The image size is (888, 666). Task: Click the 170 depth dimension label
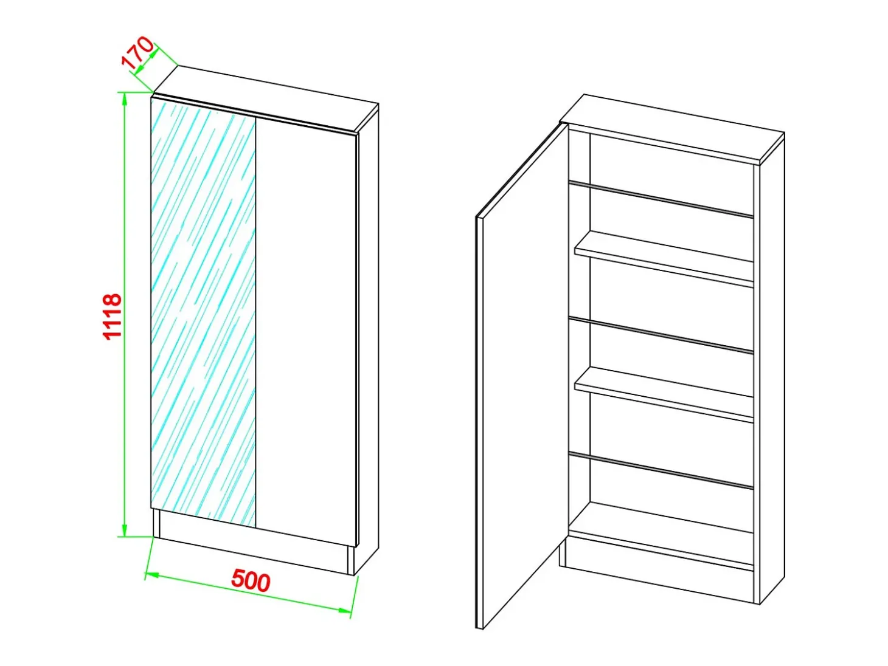tap(138, 53)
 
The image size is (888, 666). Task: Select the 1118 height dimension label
tap(113, 317)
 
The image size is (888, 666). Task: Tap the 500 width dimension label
tap(251, 581)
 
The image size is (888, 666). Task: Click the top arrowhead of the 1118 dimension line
tap(125, 100)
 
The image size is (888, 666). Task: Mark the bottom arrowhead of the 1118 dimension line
tap(125, 530)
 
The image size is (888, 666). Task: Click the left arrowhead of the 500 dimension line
tap(151, 575)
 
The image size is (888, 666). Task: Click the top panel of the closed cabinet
tap(266, 98)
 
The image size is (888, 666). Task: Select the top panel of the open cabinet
tap(672, 128)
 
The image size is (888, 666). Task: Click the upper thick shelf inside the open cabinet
tap(664, 259)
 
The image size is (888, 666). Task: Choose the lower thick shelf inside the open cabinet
tap(664, 394)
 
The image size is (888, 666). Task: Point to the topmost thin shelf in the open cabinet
tap(661, 199)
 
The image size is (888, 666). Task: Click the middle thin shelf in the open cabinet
tap(661, 335)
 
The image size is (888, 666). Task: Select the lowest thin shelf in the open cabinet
tap(661, 470)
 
